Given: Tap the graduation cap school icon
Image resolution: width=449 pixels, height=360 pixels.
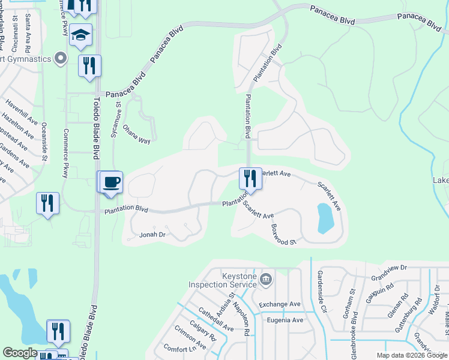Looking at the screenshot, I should [x=80, y=35].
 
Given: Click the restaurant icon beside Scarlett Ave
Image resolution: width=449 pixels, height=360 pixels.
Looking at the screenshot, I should [x=250, y=179].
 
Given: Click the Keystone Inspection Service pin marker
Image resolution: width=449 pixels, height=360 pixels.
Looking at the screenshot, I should [x=267, y=279].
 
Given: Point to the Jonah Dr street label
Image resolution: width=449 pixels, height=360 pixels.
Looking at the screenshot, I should [x=152, y=235].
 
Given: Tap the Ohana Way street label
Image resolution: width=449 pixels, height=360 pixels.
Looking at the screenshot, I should [x=136, y=134].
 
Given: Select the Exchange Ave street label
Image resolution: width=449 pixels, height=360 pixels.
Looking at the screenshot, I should [x=280, y=305].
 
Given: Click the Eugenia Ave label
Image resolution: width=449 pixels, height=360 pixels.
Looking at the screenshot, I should [x=285, y=320].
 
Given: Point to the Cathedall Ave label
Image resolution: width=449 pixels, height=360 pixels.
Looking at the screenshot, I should [x=215, y=321].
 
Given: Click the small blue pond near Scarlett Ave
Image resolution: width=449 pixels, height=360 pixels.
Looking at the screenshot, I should [x=324, y=218].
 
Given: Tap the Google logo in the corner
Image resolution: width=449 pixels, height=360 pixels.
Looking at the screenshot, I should [x=20, y=353].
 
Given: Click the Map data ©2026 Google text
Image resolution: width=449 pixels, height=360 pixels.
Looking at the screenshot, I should [x=411, y=355].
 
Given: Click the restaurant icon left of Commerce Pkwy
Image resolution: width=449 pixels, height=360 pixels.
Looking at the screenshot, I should [x=47, y=203].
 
